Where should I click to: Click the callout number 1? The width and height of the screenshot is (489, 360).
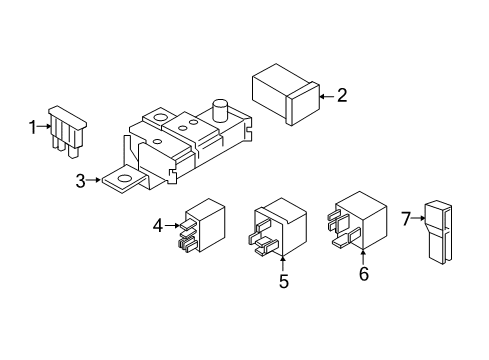pos(32,126)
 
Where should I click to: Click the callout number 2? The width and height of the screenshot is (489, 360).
pos(342,96)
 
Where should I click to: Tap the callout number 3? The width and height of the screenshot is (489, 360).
pos(80,181)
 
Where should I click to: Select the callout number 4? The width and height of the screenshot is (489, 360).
pos(157,227)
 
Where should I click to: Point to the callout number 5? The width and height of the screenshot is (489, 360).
pos(283,283)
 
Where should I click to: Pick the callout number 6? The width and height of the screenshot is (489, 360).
pos(363,273)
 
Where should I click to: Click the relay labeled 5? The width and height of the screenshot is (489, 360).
pos(279,227)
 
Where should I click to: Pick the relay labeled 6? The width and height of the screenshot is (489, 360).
pos(357,223)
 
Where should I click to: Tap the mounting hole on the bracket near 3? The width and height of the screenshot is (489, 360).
pos(126,181)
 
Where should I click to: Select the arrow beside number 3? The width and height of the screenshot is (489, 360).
pos(94,181)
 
